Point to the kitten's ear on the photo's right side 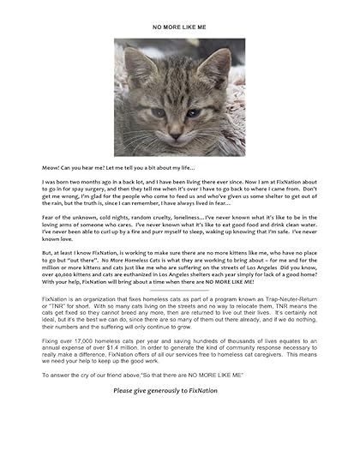click(x=218, y=66)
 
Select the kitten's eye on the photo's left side click(x=159, y=111)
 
